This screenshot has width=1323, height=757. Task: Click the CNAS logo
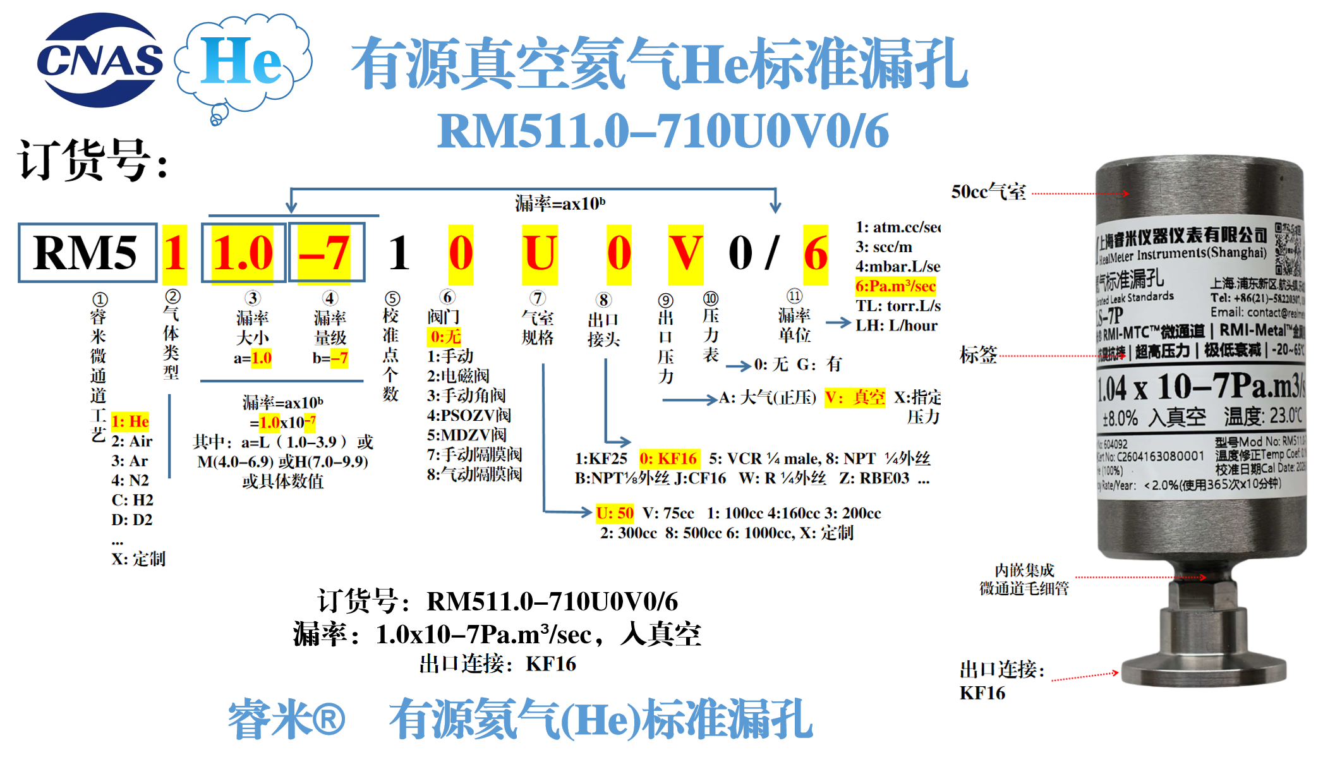point(100,60)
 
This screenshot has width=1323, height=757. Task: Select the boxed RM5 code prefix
point(87,253)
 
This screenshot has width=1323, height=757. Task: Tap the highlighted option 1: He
point(130,421)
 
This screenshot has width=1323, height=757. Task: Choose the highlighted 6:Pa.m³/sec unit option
point(895,286)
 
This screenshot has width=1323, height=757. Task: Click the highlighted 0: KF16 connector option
point(668,459)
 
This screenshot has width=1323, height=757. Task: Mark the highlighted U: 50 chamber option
point(615,513)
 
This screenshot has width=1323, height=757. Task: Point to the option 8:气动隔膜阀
point(474,474)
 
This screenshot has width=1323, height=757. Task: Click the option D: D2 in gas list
point(132,520)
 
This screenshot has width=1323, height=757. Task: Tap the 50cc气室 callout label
point(988,192)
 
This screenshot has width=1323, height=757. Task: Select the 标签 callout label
point(978,355)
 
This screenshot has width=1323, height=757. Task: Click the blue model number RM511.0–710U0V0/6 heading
point(663,131)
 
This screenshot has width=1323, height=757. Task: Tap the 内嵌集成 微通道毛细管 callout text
point(1024,579)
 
